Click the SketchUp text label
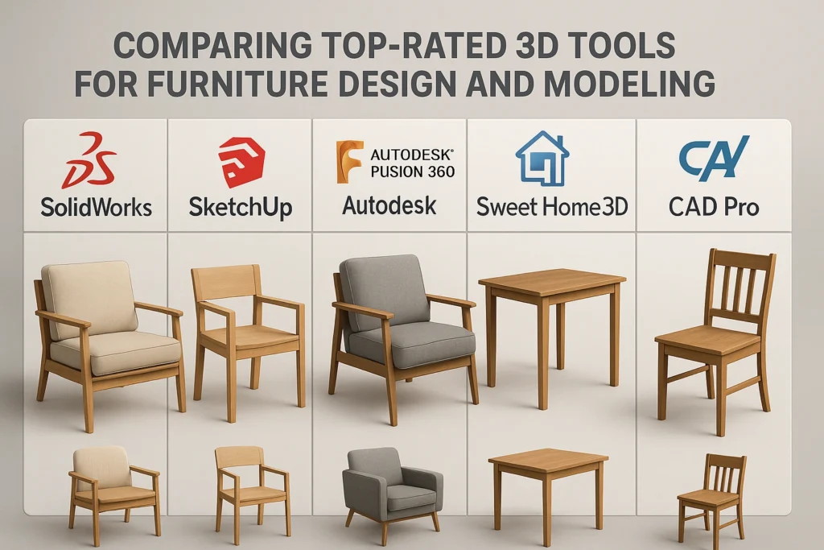[240, 207]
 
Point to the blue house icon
[542, 159]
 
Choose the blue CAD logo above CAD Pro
[713, 158]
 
